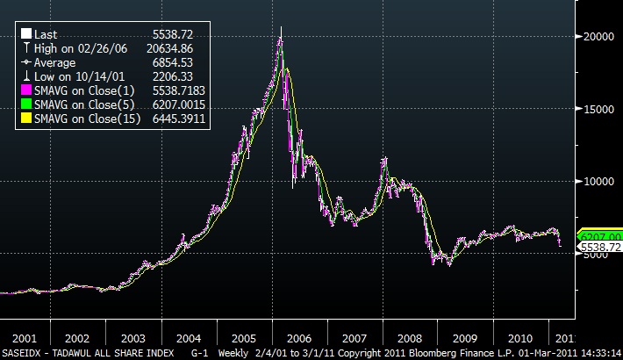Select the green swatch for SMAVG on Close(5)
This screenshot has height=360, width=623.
[x=26, y=104]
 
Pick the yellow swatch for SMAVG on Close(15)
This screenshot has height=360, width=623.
[x=26, y=117]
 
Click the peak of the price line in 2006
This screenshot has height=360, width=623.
[x=281, y=27]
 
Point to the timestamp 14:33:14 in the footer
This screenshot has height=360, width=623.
[x=597, y=353]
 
